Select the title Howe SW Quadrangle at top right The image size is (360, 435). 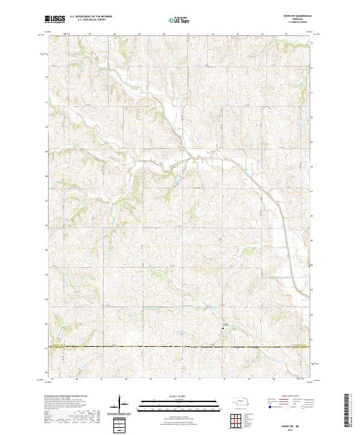pyautogui.click(x=302, y=16)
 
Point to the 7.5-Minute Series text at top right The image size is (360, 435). pyautogui.click(x=302, y=23)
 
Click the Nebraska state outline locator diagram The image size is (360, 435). pyautogui.click(x=242, y=401)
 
